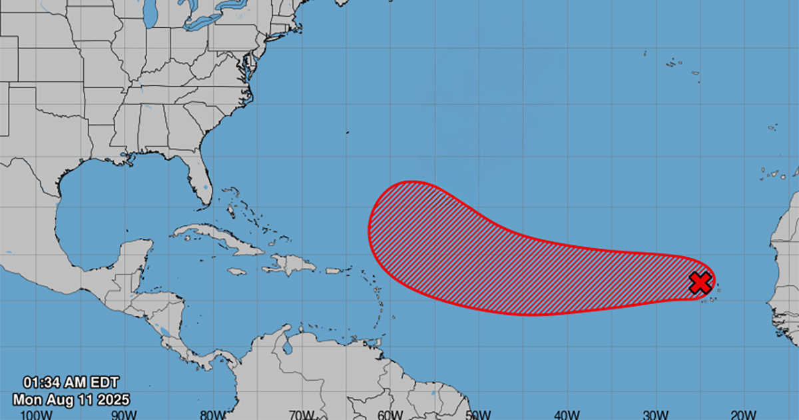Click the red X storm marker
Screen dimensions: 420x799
pyautogui.click(x=700, y=283)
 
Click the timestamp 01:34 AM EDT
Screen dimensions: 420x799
pyautogui.click(x=71, y=383)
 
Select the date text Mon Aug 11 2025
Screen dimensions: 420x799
pyautogui.click(x=71, y=399)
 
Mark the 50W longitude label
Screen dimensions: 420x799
pyautogui.click(x=479, y=414)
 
